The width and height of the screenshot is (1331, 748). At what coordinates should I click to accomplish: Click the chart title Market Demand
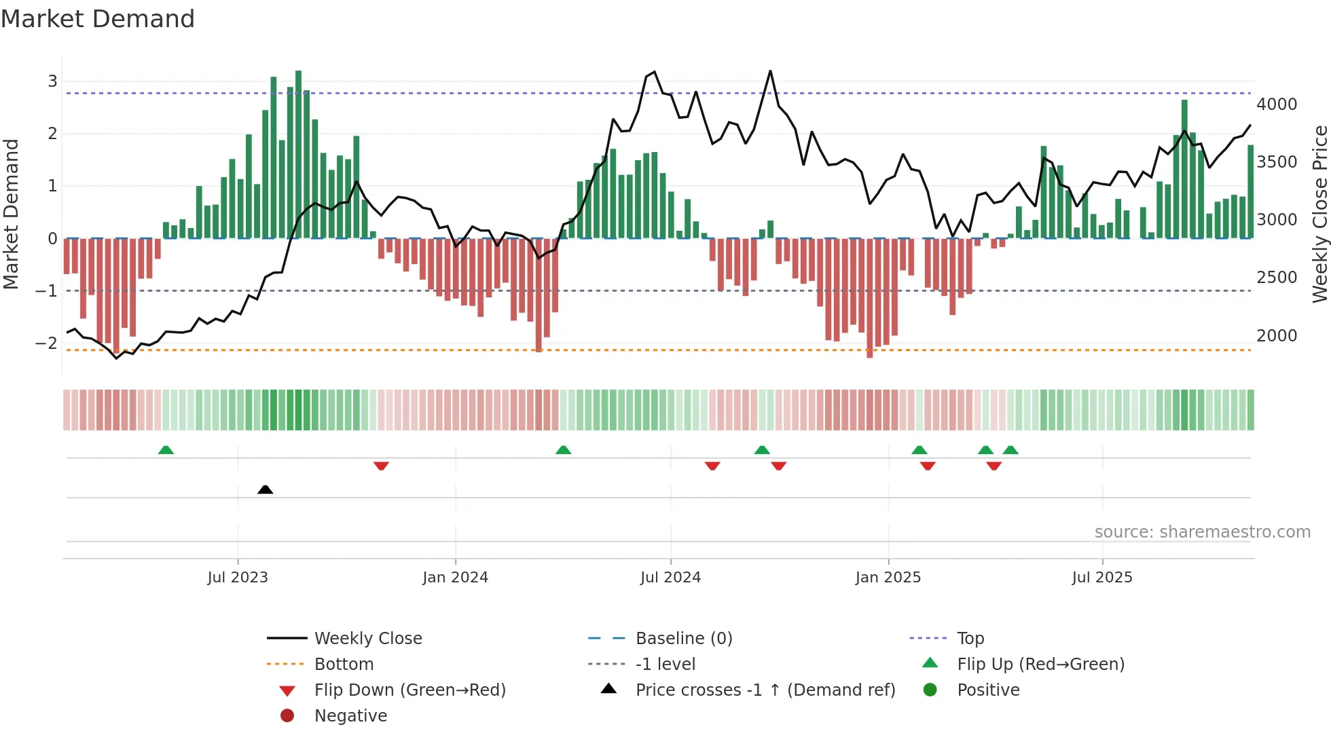point(98,19)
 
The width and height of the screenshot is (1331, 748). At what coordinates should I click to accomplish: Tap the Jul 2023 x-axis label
point(238,577)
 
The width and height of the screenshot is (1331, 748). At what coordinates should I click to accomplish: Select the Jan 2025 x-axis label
point(888,577)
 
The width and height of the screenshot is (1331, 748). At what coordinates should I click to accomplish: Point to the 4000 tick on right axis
point(1276,104)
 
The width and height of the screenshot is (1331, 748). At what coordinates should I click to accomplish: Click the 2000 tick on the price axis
point(1276,335)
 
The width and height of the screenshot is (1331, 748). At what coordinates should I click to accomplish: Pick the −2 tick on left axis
point(47,343)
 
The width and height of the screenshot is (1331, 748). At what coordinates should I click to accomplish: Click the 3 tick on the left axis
point(52,81)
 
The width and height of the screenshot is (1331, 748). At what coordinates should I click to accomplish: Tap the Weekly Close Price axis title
point(1319,214)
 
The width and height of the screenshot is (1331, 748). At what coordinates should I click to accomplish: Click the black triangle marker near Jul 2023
point(266,489)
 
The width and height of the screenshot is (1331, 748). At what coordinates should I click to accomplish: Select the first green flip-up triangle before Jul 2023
point(166,450)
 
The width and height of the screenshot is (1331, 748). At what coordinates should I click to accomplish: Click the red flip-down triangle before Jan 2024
point(381,466)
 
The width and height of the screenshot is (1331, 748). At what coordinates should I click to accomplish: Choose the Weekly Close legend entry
point(367,638)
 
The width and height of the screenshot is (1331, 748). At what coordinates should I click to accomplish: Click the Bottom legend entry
point(344,664)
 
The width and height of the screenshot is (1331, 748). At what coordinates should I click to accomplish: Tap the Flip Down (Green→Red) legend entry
point(409,690)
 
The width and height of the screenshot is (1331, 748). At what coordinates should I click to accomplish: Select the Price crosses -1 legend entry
point(765,690)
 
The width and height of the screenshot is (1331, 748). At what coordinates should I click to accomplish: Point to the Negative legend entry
point(350,715)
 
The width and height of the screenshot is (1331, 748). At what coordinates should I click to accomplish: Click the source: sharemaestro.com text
point(1202,531)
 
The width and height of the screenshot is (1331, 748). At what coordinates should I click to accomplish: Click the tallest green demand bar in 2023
point(298,155)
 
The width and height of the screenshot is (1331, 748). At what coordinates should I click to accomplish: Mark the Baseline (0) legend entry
point(683,638)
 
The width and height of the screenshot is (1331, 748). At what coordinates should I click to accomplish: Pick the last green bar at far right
point(1250,191)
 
